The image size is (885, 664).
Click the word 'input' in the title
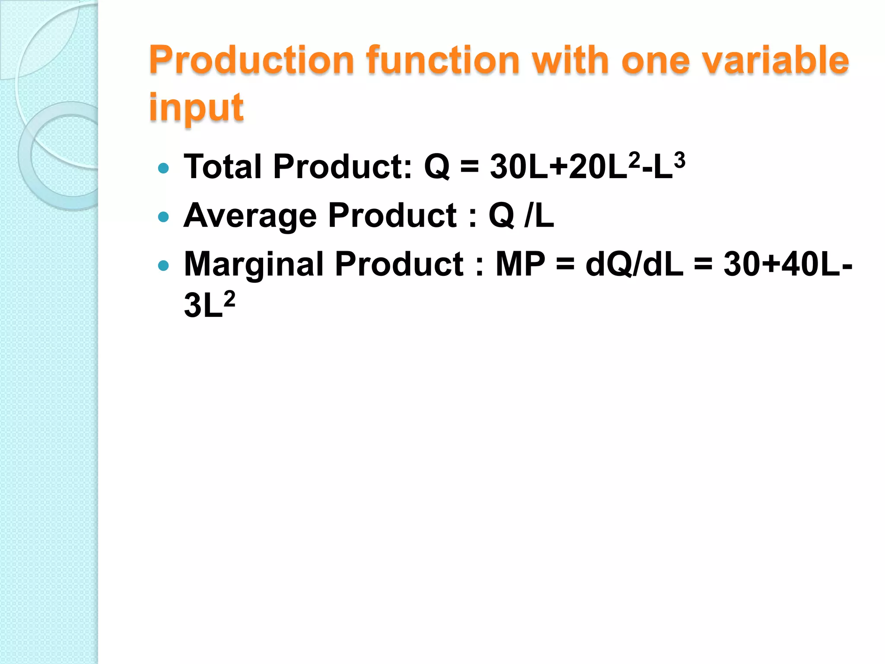click(197, 108)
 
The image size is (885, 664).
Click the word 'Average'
click(250, 216)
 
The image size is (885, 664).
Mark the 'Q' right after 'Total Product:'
click(437, 167)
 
